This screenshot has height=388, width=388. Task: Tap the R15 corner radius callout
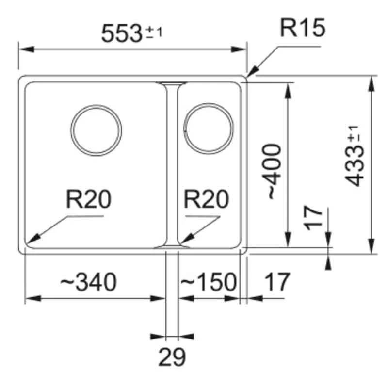[x=302, y=29]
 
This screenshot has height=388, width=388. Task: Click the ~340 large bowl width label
[x=88, y=282]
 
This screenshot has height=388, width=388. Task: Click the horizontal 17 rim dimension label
[x=277, y=282]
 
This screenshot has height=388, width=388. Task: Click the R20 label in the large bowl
[x=89, y=199]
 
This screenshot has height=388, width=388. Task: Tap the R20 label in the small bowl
[x=207, y=199]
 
